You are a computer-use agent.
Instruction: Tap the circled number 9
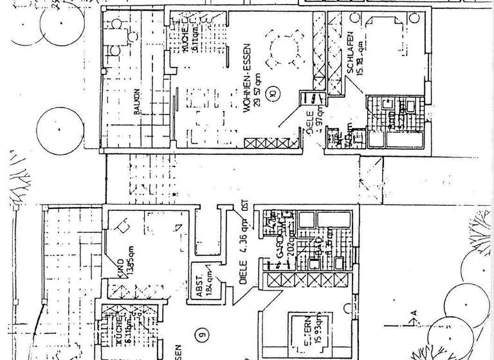click(x=203, y=333)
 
